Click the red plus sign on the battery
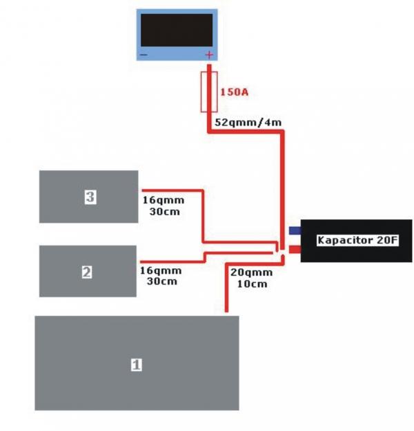[x=209, y=54]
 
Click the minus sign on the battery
[x=144, y=54]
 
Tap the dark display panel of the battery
[x=176, y=29]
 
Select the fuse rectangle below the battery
[x=209, y=90]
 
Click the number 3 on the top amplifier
[x=90, y=197]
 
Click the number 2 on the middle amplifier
[x=87, y=272]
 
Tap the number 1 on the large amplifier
[x=137, y=363]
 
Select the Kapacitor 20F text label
[x=357, y=241]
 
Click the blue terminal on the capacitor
[x=295, y=230]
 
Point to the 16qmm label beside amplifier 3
[x=164, y=201]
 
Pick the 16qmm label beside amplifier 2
[x=161, y=270]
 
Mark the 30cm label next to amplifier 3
[x=164, y=212]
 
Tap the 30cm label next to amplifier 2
[x=161, y=281]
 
